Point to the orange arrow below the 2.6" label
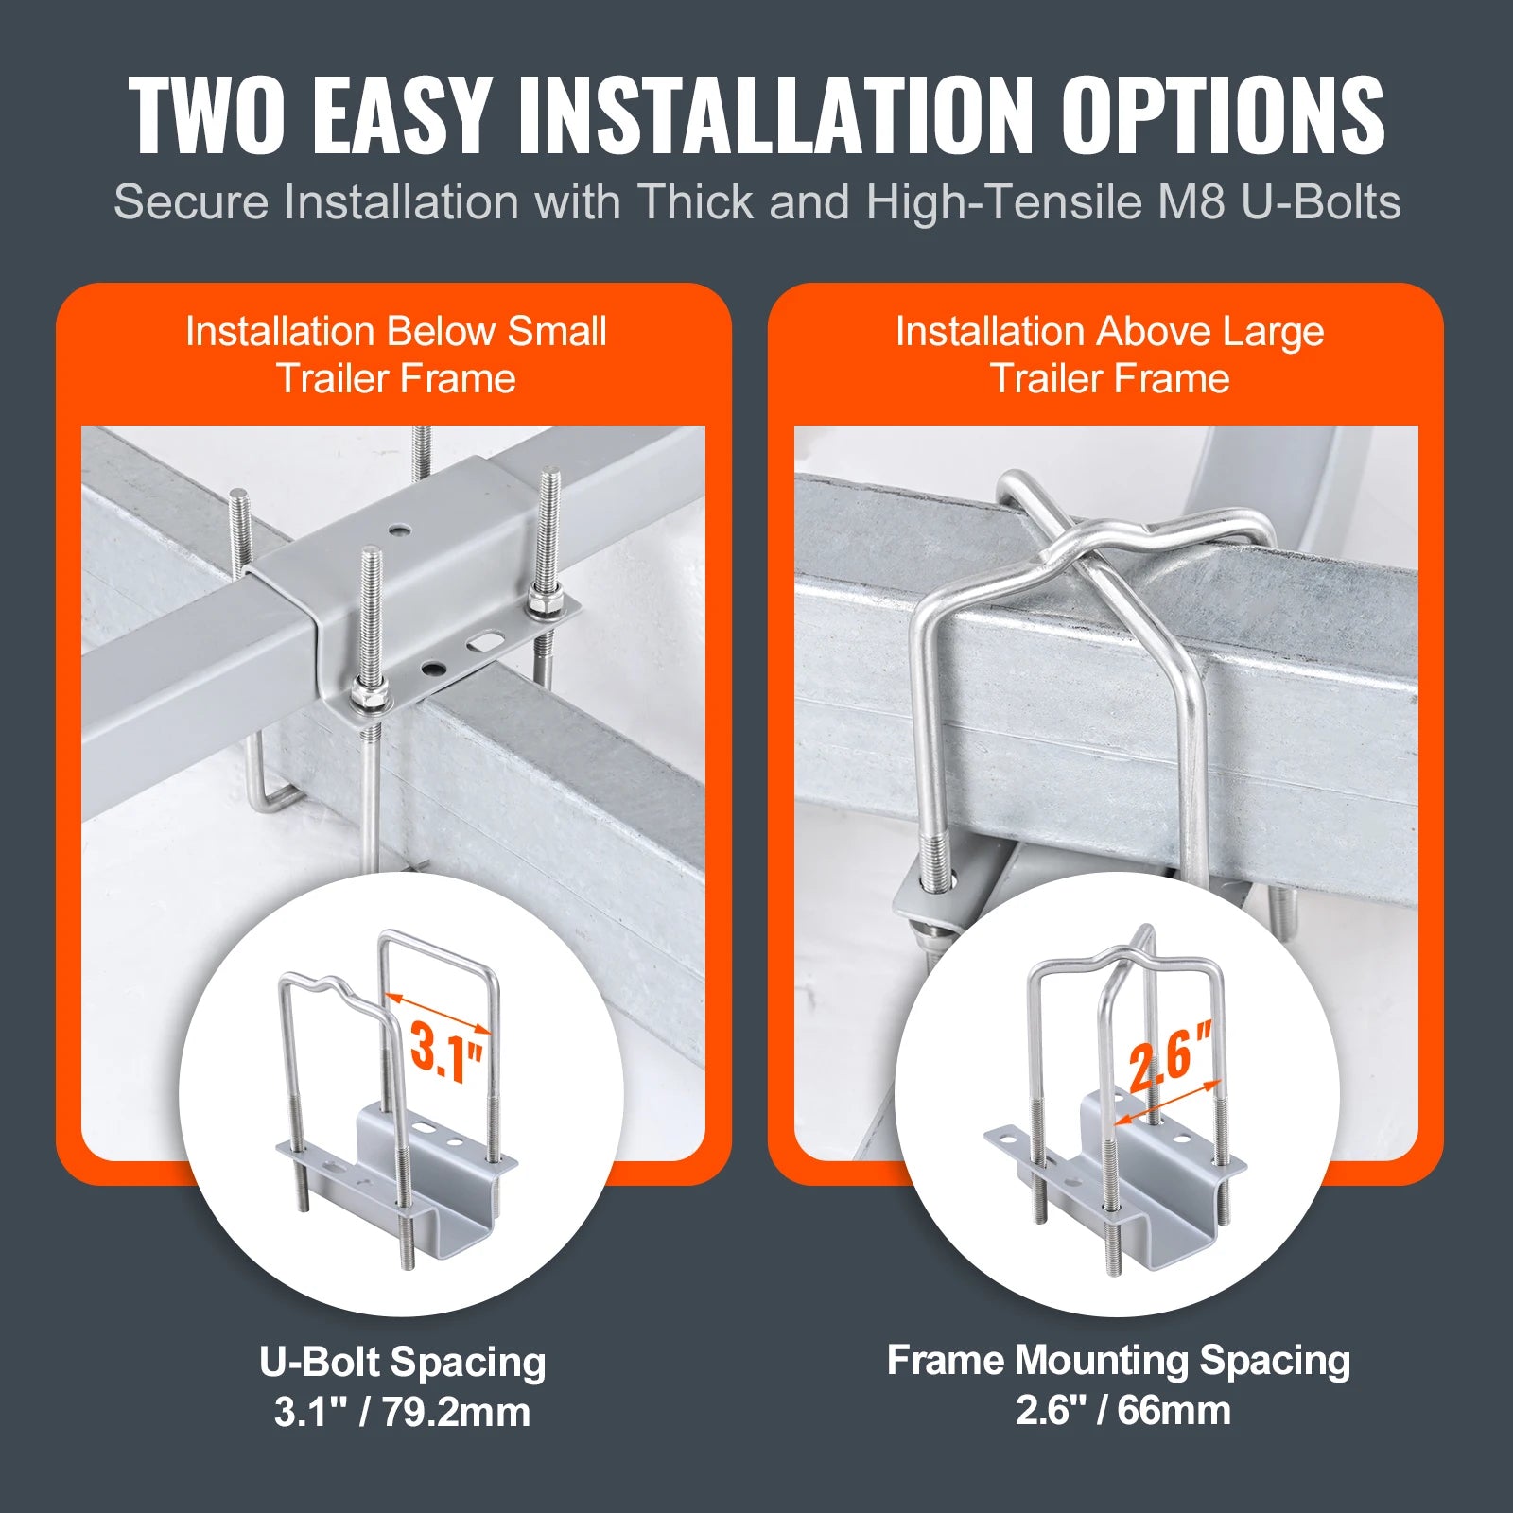point(1169,1103)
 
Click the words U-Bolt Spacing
point(403,1363)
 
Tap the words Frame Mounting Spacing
point(1119,1361)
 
